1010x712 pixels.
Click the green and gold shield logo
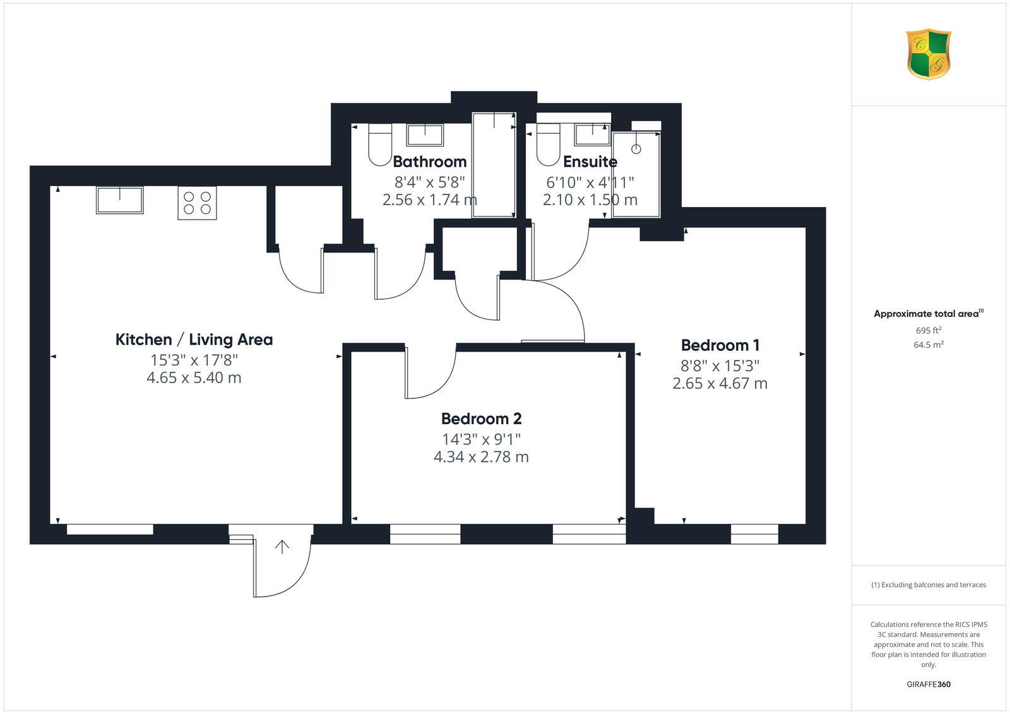point(929,54)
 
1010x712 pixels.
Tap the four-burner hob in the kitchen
point(197,203)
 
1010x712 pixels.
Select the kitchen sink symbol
point(119,199)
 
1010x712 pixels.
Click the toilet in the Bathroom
point(379,145)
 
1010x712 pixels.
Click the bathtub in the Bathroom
point(494,165)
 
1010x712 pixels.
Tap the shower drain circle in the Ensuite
point(636,150)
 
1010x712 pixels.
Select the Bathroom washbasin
point(424,134)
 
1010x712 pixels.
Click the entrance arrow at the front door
point(282,547)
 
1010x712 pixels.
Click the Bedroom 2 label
point(481,418)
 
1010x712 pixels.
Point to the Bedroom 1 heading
point(720,345)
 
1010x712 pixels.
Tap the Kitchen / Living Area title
point(194,340)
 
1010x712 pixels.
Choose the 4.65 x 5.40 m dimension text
point(194,378)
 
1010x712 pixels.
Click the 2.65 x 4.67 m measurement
point(720,383)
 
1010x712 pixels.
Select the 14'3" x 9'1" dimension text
point(481,439)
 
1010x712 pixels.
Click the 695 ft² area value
point(929,330)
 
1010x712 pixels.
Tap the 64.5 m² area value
point(929,345)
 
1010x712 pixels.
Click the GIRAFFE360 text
point(929,684)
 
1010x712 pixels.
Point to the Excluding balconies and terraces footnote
point(929,585)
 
